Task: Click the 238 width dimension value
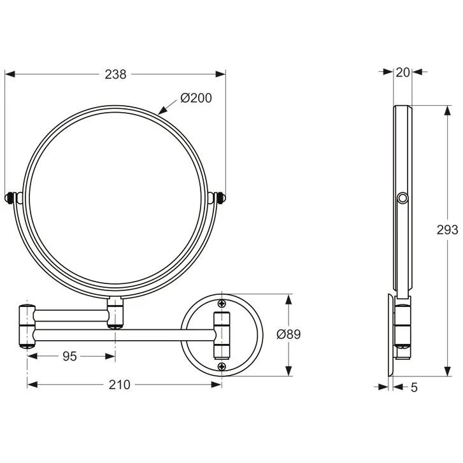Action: click(116, 74)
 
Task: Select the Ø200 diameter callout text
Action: click(196, 98)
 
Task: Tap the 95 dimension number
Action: click(70, 356)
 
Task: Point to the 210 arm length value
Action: click(119, 384)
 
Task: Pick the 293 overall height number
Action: click(448, 230)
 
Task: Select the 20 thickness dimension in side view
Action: click(402, 73)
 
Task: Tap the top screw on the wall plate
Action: click(222, 303)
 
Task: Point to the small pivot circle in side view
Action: click(401, 200)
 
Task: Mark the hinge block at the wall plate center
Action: click(221, 334)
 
